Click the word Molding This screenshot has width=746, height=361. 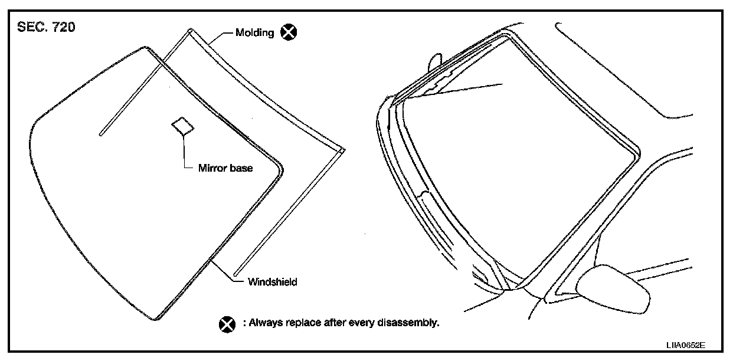254,33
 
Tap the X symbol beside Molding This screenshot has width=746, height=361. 288,32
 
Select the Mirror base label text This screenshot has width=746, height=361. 225,168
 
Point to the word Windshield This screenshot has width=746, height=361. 273,282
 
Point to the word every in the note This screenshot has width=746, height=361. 362,323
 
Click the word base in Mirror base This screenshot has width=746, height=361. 243,168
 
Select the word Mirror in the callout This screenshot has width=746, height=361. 211,168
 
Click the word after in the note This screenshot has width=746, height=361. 335,323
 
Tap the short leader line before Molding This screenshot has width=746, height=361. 225,33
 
